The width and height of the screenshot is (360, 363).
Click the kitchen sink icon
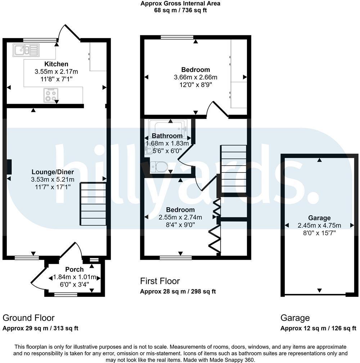click(26, 50)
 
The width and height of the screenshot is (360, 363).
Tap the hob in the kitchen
click(50, 95)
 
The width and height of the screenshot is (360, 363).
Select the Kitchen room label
click(56, 64)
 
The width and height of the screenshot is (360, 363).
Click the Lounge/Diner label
click(53, 172)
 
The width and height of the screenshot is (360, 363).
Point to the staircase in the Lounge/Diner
click(93, 204)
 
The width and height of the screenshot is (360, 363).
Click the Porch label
click(75, 269)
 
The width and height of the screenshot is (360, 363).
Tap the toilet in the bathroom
click(159, 167)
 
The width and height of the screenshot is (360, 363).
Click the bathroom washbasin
click(149, 148)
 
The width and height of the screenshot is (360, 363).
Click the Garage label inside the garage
click(319, 218)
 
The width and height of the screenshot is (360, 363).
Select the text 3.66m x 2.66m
click(195, 77)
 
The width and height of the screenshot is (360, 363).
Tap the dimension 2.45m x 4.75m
click(319, 225)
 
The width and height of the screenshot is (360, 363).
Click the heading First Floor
click(160, 281)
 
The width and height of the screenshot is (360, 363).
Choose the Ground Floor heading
click(28, 318)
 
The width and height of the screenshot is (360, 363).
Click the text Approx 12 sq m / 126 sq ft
click(318, 328)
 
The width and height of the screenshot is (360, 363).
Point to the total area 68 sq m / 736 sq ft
click(180, 10)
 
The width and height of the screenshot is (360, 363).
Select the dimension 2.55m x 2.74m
click(180, 217)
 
